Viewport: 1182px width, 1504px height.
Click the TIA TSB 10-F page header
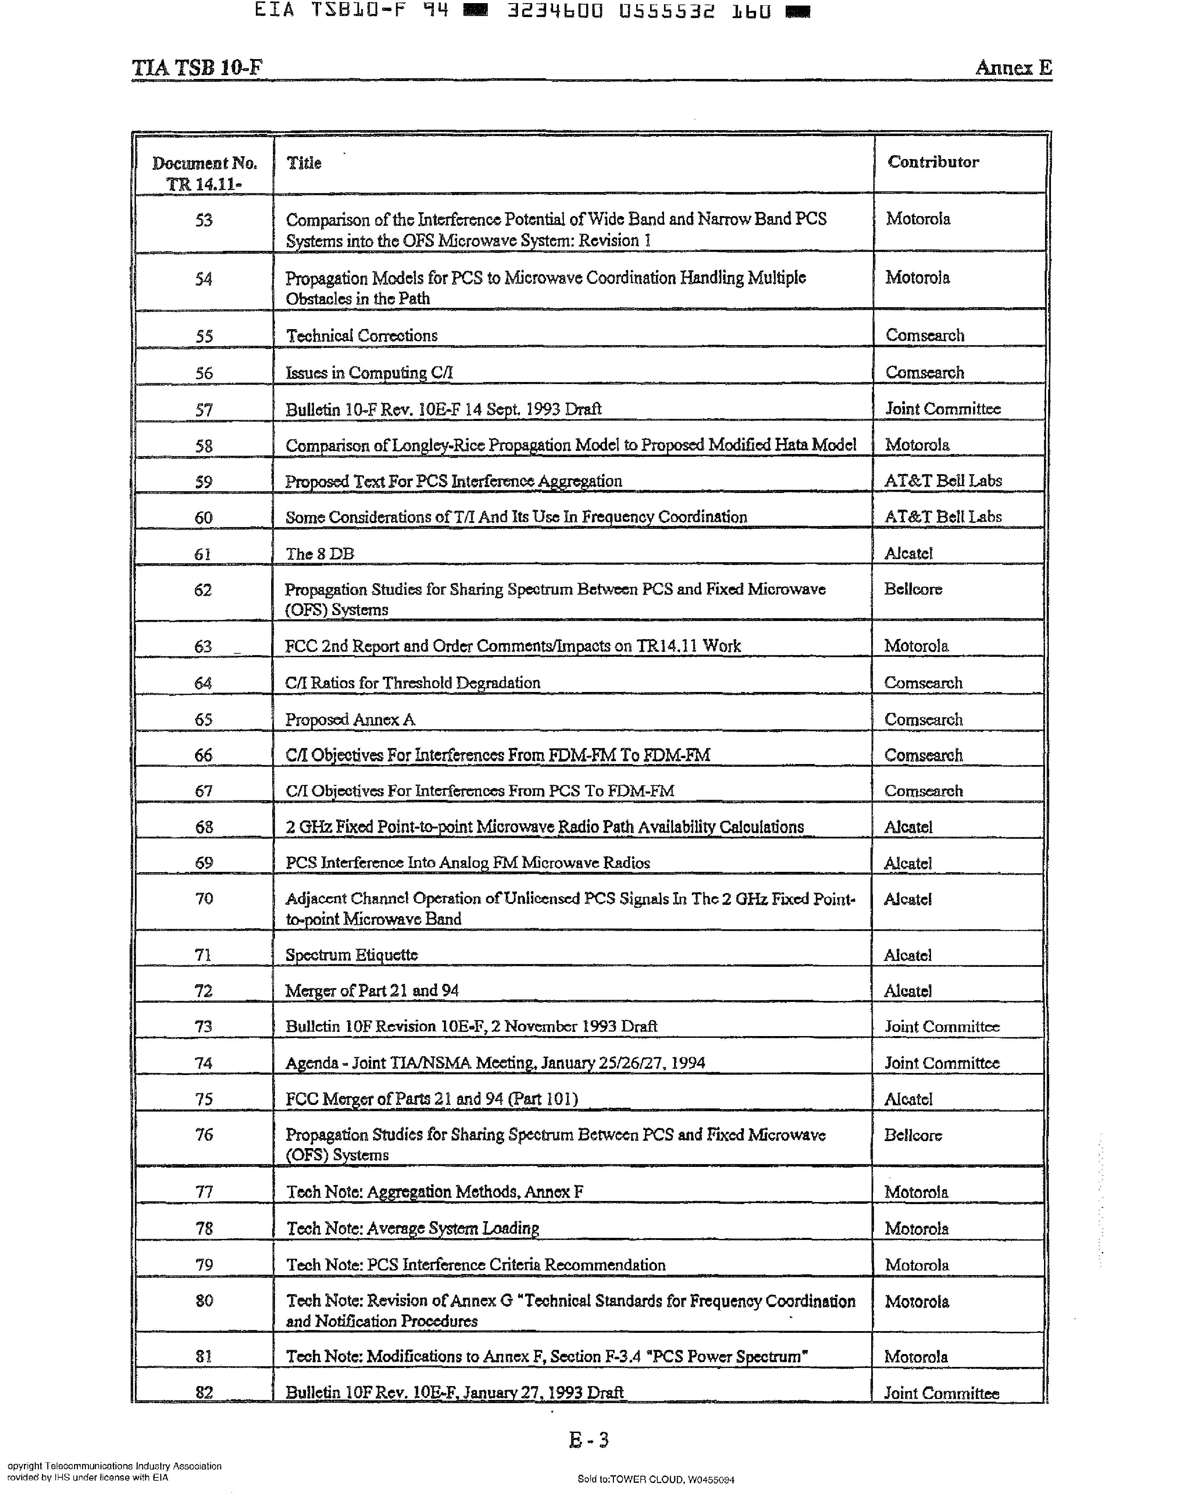197,68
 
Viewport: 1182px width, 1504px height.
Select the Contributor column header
933,162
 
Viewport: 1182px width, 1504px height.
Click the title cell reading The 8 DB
320,554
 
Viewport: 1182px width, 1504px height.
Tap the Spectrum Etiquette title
351,955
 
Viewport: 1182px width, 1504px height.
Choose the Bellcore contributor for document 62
913,589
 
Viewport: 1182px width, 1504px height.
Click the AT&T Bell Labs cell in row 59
942,480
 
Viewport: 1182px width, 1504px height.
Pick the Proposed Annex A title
350,719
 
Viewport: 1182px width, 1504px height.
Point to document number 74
203,1063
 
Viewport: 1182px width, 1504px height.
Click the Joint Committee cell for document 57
942,408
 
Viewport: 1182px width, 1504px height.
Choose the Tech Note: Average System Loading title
413,1228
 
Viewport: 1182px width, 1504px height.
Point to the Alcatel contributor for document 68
908,827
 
